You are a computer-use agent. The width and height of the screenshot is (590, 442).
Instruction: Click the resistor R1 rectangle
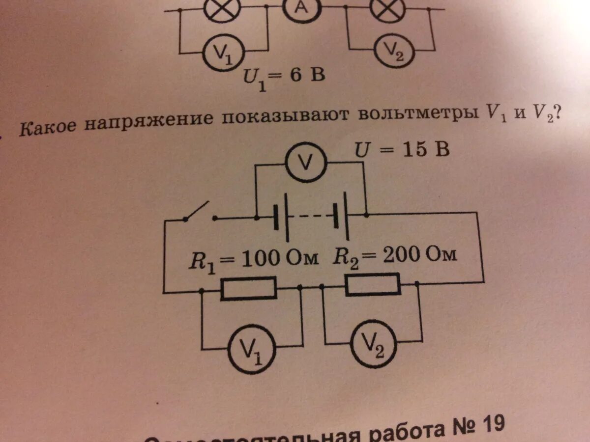pos(248,288)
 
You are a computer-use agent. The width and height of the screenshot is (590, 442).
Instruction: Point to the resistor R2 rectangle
pos(372,285)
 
